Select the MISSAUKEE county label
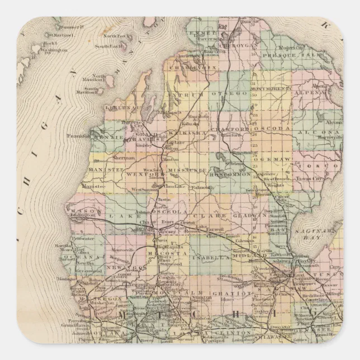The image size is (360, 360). (x=186, y=174)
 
